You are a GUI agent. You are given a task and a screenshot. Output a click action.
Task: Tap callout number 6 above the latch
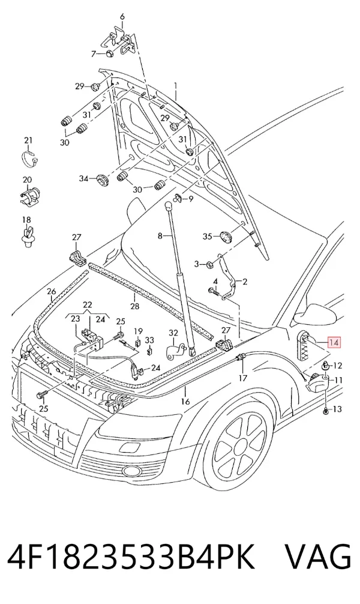122,17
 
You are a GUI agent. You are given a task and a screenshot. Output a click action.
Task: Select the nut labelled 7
109,54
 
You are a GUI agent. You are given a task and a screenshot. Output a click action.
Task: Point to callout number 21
28,140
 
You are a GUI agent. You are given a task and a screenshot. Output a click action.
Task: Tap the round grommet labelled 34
102,180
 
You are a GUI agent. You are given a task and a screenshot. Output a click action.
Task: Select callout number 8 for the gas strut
160,236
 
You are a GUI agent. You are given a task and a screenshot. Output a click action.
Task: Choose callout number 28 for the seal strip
134,307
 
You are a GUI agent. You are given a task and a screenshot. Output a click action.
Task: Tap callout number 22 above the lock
88,304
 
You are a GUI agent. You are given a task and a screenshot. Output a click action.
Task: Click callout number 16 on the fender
185,402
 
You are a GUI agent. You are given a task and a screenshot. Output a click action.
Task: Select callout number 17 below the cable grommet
242,378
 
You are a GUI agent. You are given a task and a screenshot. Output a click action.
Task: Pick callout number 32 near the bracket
173,333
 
